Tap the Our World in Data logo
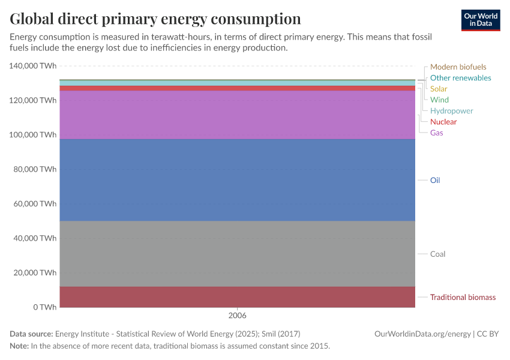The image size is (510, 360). pos(481,20)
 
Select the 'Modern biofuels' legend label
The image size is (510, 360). pos(458,67)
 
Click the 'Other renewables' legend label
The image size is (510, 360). pos(460,78)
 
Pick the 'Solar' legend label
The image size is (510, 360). pos(439,89)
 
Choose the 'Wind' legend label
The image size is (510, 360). pos(439,100)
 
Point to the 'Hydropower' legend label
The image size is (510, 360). pos(451,111)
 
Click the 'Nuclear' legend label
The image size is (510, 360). pos(443,122)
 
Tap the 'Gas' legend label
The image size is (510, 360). pos(437,133)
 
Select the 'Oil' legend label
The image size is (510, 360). pos(435,180)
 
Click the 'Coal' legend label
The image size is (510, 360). pos(438,254)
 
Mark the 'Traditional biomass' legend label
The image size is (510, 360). pos(463,297)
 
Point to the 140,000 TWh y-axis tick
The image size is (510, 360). pos(33,66)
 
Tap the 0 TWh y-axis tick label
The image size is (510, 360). pos(45,307)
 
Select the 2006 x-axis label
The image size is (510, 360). pos(238,315)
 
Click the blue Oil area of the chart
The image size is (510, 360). pos(238,180)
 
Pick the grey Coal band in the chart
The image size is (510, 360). pos(238,254)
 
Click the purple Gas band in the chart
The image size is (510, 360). pos(238,115)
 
